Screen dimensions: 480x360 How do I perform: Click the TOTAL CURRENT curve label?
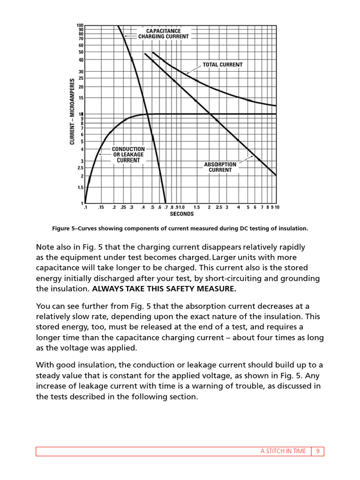coord(222,65)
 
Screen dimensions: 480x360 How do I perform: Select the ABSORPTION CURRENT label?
coord(220,167)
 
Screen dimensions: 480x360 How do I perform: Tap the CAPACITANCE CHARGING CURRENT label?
coord(163,34)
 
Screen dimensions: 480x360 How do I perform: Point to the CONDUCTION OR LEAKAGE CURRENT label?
coord(128,155)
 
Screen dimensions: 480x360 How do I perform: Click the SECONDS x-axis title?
coord(181,214)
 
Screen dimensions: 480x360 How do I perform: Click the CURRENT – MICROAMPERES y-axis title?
coord(73,112)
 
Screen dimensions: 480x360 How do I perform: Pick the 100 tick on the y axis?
coord(80,25)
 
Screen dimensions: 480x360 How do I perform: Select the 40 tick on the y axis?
coord(81,60)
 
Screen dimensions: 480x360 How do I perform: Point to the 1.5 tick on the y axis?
coord(80,187)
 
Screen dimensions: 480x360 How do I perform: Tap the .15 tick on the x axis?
coord(101,207)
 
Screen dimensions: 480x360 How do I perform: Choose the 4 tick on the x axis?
coord(238,207)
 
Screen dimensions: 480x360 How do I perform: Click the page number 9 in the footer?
coord(317,451)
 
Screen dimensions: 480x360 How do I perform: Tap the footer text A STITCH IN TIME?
coord(283,451)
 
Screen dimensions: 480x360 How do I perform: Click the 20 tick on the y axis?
coord(81,87)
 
